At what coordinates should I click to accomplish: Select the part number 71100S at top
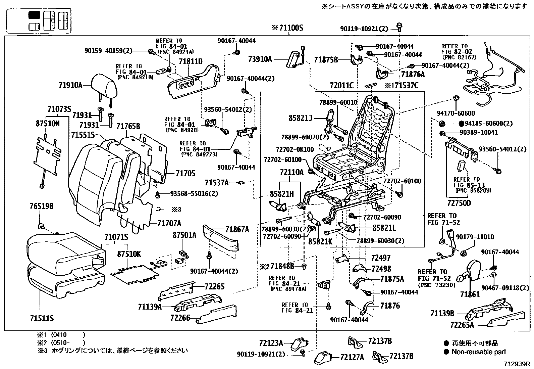(x=291, y=28)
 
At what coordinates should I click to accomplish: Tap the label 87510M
(x=48, y=124)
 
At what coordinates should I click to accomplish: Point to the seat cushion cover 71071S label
(x=116, y=237)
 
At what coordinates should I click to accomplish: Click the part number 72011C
(x=341, y=85)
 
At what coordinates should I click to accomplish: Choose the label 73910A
(x=260, y=59)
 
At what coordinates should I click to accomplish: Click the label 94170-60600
(x=456, y=113)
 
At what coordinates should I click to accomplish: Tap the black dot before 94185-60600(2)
(x=461, y=124)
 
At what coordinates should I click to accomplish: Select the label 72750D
(x=459, y=203)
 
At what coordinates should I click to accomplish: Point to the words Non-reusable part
(x=479, y=352)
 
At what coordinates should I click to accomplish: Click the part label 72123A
(x=271, y=343)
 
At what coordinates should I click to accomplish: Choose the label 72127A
(x=352, y=357)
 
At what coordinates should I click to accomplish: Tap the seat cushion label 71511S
(x=42, y=318)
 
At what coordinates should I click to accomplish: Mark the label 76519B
(x=42, y=206)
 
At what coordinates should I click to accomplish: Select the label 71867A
(x=237, y=230)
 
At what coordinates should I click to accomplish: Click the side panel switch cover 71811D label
(x=191, y=61)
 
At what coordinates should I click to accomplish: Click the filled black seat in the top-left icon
(x=34, y=15)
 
